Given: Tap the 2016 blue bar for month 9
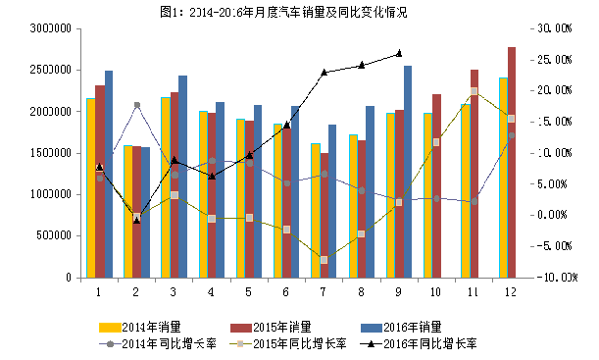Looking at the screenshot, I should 408,172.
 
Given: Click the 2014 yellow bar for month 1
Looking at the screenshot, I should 90,187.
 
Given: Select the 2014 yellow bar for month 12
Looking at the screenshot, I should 502,178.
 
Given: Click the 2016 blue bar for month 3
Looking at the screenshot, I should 183,177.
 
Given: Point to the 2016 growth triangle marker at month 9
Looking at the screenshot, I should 399,54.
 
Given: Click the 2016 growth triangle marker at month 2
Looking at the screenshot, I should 136,220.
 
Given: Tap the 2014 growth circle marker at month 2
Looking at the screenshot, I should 136,105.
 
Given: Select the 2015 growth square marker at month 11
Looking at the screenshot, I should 474,91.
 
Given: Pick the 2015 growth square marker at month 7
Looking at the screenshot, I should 324,259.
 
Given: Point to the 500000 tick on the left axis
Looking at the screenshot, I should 52,236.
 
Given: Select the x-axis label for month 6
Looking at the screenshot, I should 286,291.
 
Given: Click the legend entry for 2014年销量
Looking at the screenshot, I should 143,327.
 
